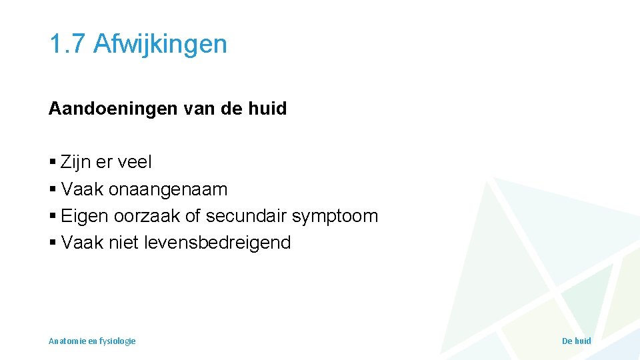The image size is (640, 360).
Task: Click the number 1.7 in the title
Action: pos(67,44)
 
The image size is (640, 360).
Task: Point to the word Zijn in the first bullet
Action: pos(76,163)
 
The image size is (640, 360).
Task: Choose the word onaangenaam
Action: pos(167,190)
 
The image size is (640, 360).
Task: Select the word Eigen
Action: pos(85,217)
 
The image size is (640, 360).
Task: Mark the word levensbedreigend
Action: pos(217,243)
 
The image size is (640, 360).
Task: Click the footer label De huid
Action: pos(576,341)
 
